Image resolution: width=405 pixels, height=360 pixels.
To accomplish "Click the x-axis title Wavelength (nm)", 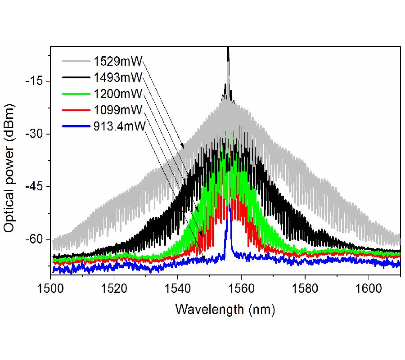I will [x=225, y=309].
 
